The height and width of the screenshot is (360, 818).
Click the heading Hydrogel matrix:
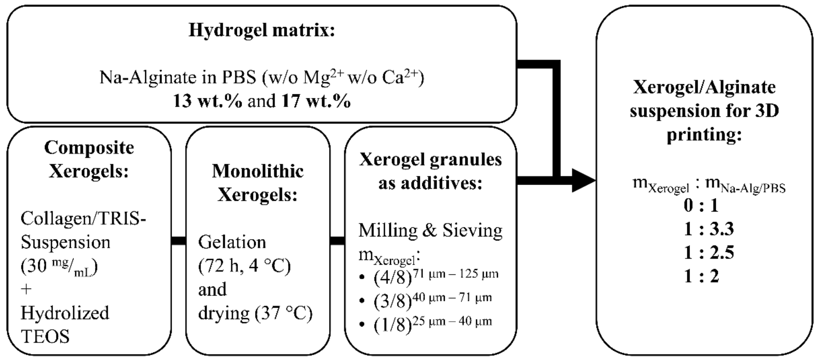pos(262,31)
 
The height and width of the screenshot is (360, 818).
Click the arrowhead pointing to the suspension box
pos(583,181)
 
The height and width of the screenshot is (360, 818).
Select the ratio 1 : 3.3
pos(709,229)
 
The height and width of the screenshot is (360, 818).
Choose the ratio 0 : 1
pos(701,206)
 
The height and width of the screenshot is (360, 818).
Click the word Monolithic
pos(258,172)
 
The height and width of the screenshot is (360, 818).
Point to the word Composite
pos(89,148)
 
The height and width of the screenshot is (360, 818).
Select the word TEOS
pos(45,337)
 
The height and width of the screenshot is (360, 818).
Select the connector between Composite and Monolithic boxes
pos(178,241)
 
